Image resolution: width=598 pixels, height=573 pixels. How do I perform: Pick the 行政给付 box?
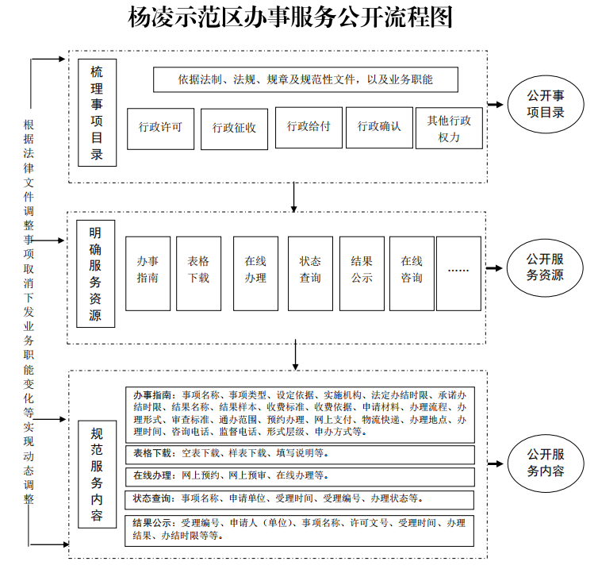point(309,127)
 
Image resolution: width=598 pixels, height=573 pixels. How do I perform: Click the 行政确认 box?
point(379,127)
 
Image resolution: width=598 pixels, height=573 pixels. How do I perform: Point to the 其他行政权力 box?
point(449,128)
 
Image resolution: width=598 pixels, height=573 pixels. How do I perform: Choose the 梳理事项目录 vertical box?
point(97,113)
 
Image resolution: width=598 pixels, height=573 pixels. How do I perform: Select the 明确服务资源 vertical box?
point(96,274)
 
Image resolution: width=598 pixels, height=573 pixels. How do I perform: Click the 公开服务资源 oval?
point(546,268)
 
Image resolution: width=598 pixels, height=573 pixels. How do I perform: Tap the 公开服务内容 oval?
point(546,463)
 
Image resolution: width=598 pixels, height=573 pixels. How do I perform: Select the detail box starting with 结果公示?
point(300,530)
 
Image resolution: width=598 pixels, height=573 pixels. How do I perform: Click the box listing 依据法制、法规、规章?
point(306,79)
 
